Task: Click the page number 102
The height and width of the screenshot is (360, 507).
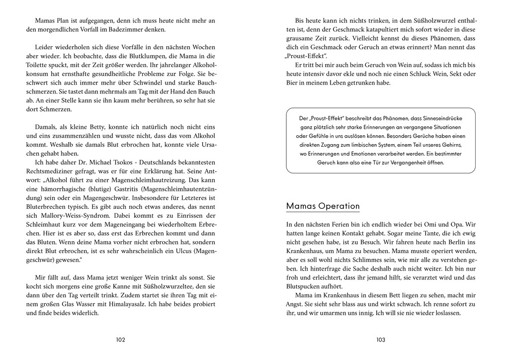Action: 120,340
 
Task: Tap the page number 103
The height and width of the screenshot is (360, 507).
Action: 381,340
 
